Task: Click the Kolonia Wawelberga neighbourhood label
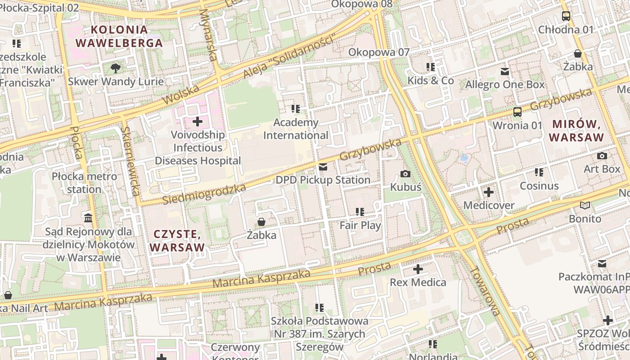pos(119,36)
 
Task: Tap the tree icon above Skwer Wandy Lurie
pos(116,68)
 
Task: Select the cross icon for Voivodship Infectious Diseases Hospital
pos(197,121)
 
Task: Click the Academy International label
pos(296,129)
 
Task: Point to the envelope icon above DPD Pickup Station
pos(323,167)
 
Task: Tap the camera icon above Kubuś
pos(405,174)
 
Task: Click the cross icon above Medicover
pos(489,193)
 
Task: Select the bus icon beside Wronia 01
pos(517,112)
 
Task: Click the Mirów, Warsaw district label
pos(577,130)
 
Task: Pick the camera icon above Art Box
pos(602,156)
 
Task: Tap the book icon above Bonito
pos(585,206)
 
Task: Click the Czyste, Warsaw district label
pos(177,241)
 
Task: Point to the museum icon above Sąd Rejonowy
pos(88,218)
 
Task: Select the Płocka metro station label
pos(84,183)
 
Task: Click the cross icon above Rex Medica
pos(418,270)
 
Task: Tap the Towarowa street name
pos(485,291)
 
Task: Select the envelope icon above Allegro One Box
pos(505,72)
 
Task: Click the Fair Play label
pos(360,225)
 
